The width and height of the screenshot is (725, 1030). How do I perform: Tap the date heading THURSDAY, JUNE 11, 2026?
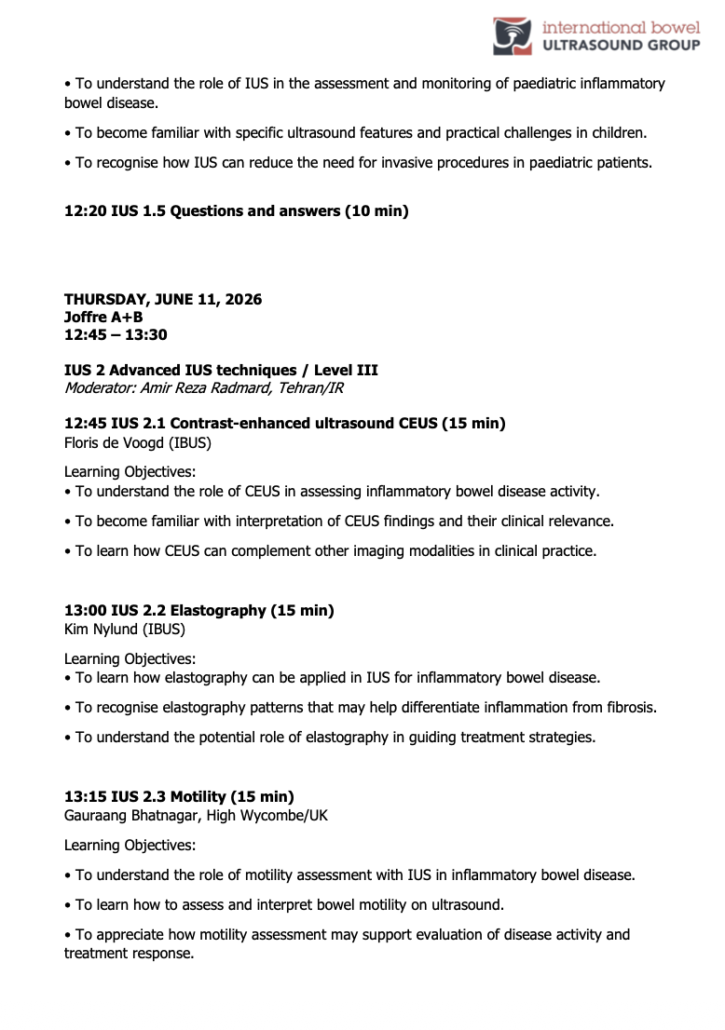[x=163, y=300]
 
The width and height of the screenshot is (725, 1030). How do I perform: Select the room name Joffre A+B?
[x=103, y=318]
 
